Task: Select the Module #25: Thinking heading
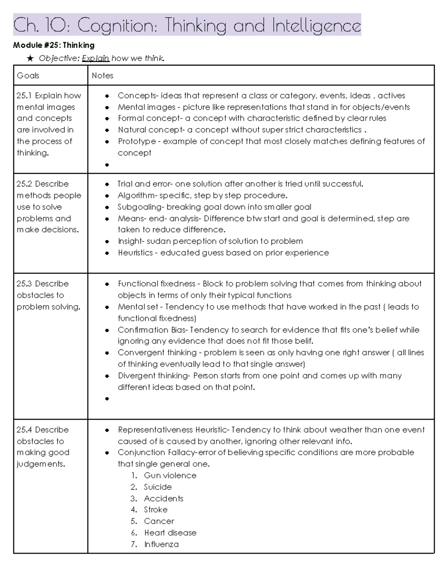pyautogui.click(x=54, y=45)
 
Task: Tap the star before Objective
pyautogui.click(x=30, y=58)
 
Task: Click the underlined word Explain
pyautogui.click(x=95, y=58)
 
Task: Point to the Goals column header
pyautogui.click(x=28, y=76)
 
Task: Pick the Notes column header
pyautogui.click(x=102, y=76)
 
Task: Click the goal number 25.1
pyautogui.click(x=24, y=96)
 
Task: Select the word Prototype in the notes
pyautogui.click(x=137, y=141)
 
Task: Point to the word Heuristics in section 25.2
pyautogui.click(x=136, y=253)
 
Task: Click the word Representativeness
pyautogui.click(x=155, y=430)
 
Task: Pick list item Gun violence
pyautogui.click(x=170, y=476)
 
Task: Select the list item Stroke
pyautogui.click(x=156, y=510)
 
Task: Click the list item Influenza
pyautogui.click(x=161, y=544)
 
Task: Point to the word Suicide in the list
pyautogui.click(x=158, y=487)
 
